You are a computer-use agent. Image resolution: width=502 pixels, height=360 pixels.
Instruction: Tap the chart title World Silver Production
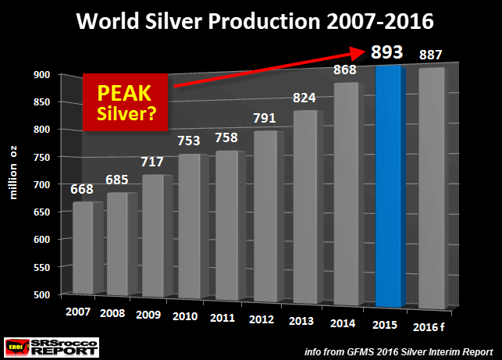pos(250,19)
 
